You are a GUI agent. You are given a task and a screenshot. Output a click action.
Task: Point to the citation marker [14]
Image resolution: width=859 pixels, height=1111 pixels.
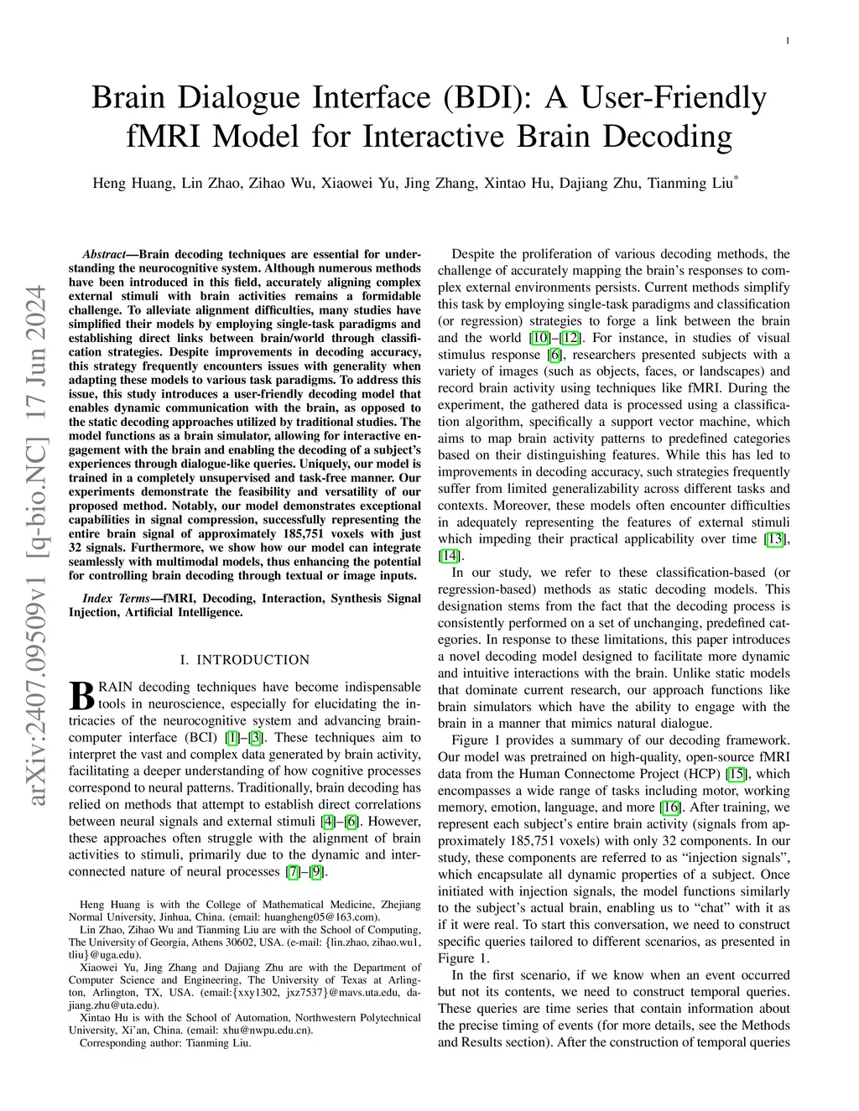click(449, 556)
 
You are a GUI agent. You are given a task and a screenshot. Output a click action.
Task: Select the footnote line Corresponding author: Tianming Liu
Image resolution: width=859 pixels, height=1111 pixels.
click(165, 1043)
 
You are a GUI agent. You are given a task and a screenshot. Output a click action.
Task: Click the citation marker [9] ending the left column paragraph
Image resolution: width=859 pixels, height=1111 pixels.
click(315, 872)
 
